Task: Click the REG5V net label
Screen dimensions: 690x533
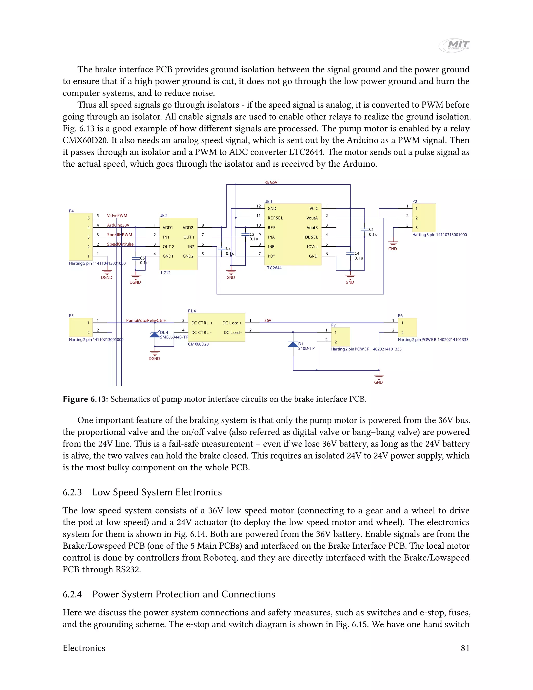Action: click(x=271, y=182)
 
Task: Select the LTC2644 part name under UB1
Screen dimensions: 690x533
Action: click(x=273, y=268)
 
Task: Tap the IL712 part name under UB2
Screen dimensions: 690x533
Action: click(x=165, y=273)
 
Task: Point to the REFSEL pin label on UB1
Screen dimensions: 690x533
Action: click(x=275, y=218)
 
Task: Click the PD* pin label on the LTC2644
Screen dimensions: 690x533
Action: click(x=271, y=256)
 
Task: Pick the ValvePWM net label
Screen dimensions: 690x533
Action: click(x=117, y=216)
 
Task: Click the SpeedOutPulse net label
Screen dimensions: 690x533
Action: click(x=120, y=244)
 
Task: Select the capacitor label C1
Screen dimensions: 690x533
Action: click(x=371, y=229)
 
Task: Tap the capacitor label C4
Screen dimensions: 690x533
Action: click(x=357, y=253)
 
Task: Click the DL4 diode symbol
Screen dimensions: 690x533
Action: click(x=154, y=335)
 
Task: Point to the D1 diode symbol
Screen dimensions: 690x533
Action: click(x=293, y=344)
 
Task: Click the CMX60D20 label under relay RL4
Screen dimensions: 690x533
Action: click(x=198, y=344)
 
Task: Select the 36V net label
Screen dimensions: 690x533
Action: click(x=268, y=320)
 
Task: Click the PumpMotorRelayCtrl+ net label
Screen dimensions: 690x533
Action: click(x=146, y=320)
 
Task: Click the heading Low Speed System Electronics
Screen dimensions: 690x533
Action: click(x=157, y=492)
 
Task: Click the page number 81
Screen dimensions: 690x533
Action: click(x=465, y=648)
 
